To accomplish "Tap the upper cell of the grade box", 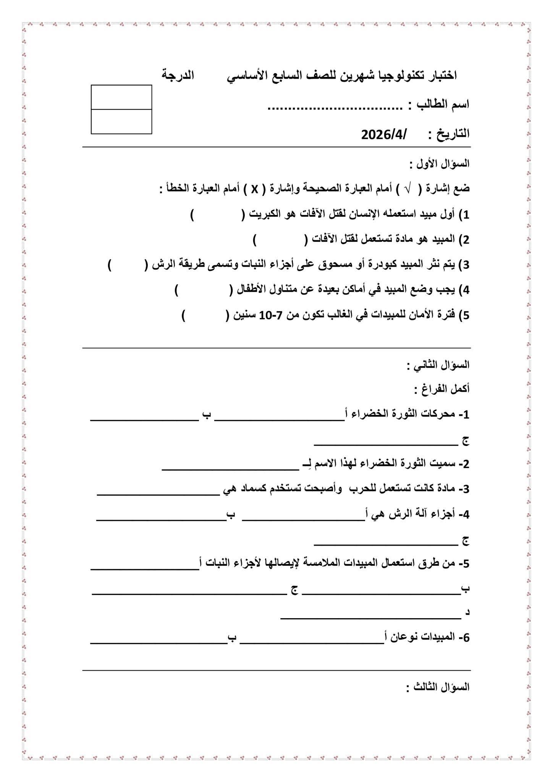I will pos(121,97).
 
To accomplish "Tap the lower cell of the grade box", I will pos(121,121).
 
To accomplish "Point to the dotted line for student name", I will pos(335,108).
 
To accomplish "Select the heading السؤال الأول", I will pos(440,164).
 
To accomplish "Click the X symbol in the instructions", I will pos(255,189).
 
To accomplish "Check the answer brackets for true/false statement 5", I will pos(206,316).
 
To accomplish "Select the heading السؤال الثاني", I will pos(438,365).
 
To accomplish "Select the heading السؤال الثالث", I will pos(438,687).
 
